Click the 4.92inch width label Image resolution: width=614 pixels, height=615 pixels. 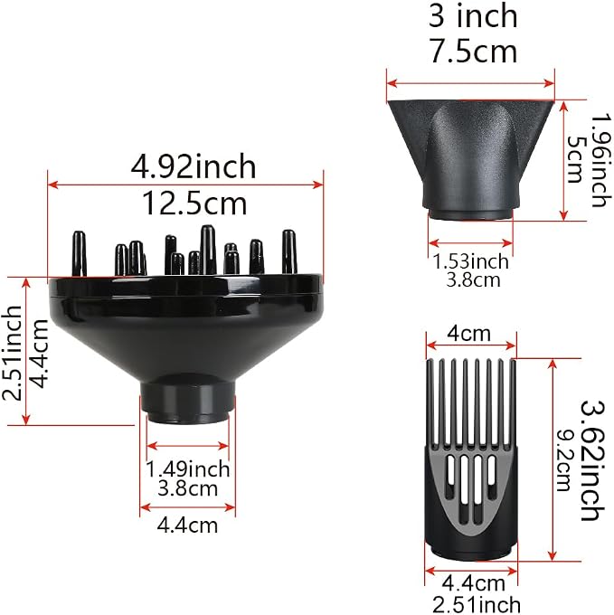pyautogui.click(x=193, y=166)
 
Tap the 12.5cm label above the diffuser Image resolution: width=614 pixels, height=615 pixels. pyautogui.click(x=194, y=203)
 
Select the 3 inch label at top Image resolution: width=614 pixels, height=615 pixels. pyautogui.click(x=473, y=15)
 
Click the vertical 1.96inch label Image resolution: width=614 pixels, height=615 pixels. pyautogui.click(x=601, y=160)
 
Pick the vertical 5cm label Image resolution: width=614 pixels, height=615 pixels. pyautogui.click(x=575, y=159)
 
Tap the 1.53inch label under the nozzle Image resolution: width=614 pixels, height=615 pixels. pyautogui.click(x=470, y=261)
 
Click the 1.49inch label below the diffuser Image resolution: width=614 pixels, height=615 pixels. pyautogui.click(x=187, y=469)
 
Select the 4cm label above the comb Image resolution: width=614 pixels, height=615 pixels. pyautogui.click(x=469, y=334)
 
